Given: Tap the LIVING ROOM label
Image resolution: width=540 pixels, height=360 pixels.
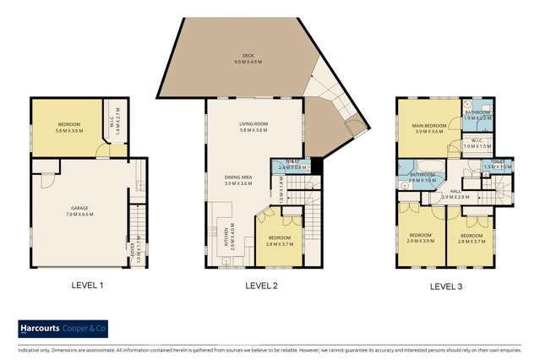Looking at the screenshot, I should click(253, 125).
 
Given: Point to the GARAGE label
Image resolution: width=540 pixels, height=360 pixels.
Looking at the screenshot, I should click(79, 205).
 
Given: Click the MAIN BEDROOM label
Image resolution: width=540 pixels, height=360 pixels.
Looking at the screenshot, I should click(428, 126).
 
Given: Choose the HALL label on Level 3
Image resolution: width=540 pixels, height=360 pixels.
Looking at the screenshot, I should click(455, 191).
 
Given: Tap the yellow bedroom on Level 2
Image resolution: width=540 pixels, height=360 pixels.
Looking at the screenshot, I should click(279, 237).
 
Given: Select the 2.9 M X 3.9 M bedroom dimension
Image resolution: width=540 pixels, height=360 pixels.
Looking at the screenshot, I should click(420, 241).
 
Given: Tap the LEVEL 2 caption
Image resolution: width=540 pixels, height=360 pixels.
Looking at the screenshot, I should click(260, 286).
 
